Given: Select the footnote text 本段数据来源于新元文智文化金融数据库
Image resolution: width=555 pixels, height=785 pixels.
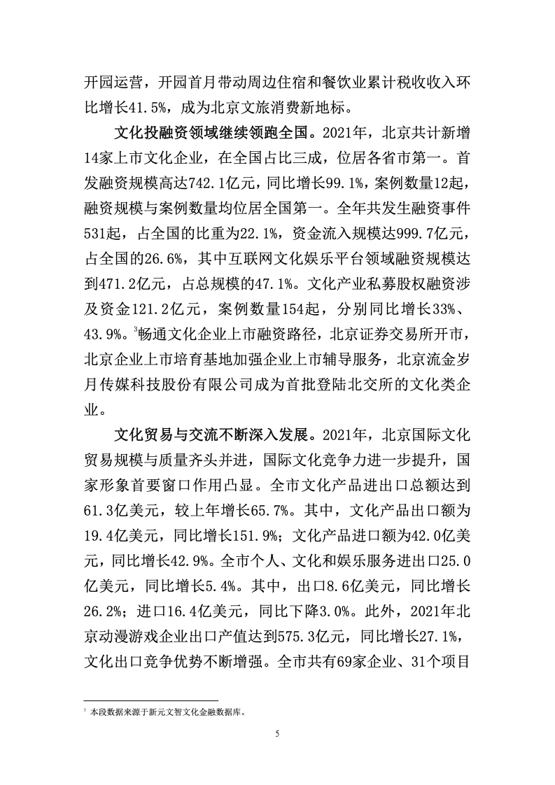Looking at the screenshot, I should coord(167,711).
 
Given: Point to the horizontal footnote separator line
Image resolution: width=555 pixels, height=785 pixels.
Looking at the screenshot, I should coord(150,700).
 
